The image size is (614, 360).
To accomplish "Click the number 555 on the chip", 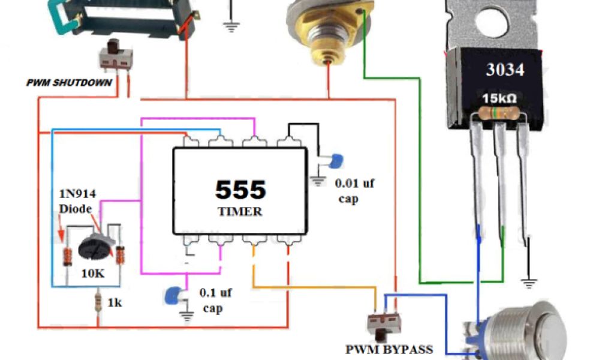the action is click(240, 190).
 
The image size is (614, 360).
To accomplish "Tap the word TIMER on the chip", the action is click(240, 211).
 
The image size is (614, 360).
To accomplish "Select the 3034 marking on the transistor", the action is click(505, 70).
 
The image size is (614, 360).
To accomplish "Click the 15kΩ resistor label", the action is click(501, 98).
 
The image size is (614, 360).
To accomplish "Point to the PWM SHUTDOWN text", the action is click(69, 82).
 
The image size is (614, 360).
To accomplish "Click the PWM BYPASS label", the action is click(389, 349).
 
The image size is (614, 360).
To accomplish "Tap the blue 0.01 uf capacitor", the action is click(335, 160).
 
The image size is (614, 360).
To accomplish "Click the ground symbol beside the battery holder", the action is click(230, 25).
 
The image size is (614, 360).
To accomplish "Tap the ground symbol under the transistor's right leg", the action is click(528, 280).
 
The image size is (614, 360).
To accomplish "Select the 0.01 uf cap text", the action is click(354, 190).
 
